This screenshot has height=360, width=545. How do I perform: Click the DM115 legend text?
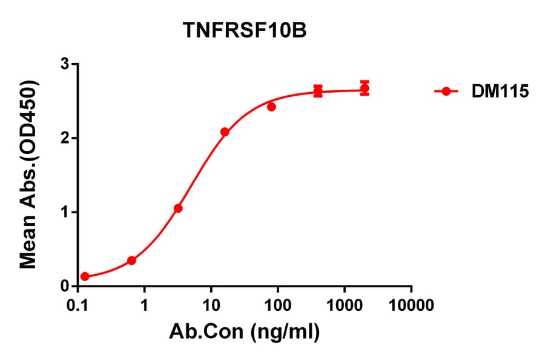tap(491, 92)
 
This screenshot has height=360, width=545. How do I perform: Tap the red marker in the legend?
tap(446, 92)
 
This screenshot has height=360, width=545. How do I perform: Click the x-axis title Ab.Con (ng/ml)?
tap(245, 332)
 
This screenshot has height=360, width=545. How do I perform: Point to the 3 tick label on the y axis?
tap(65, 64)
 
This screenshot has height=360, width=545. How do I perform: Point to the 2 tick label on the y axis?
tap(65, 138)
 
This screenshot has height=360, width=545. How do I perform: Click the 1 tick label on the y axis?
tap(65, 212)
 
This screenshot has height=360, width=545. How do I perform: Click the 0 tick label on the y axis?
tap(65, 286)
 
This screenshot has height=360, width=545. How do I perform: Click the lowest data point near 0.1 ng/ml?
tap(85, 276)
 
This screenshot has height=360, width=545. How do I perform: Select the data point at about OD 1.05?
tap(178, 208)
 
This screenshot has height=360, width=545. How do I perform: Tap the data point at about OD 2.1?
tap(225, 132)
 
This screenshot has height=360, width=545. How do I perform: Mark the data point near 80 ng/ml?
tap(271, 107)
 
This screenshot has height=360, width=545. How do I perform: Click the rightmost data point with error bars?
tap(365, 88)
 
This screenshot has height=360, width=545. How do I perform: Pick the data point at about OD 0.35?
tap(131, 261)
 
